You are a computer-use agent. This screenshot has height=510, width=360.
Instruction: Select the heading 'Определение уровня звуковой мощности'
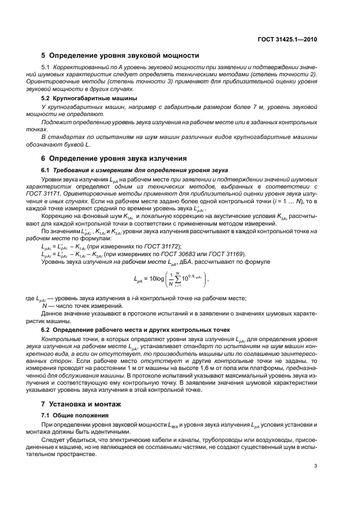[x=124, y=55]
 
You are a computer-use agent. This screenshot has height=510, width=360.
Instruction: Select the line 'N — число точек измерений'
[x=82, y=306]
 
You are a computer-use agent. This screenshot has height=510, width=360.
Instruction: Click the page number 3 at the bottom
[x=315, y=465]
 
